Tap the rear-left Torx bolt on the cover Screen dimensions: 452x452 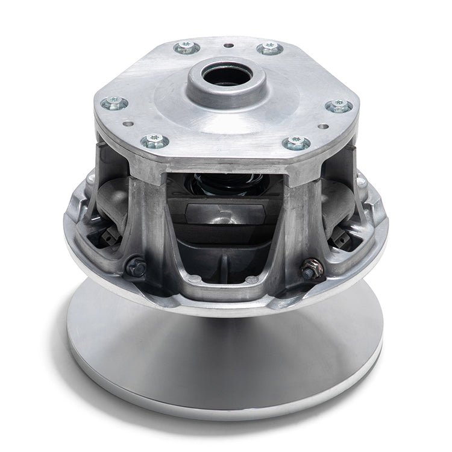(x=187, y=48)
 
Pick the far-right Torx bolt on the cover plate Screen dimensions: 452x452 (x=339, y=106)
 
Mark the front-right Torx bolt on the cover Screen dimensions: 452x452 (x=297, y=143)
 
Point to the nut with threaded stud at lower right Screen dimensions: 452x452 (x=313, y=266)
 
